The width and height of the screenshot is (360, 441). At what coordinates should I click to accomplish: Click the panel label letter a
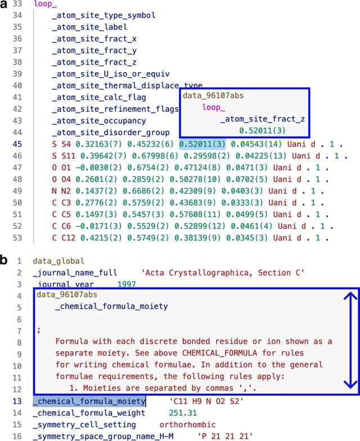3,4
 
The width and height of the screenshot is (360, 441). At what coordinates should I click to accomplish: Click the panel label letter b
3,260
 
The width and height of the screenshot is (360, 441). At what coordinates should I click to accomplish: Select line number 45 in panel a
17,144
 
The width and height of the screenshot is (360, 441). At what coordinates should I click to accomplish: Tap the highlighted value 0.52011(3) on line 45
202,144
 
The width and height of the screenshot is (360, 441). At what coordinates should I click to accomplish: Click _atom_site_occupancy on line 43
99,121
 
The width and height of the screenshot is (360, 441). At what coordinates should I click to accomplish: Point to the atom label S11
69,156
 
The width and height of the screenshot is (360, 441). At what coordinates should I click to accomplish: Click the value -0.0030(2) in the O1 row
98,168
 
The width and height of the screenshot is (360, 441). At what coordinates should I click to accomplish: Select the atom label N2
66,191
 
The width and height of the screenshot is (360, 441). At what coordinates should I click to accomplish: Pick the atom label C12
69,238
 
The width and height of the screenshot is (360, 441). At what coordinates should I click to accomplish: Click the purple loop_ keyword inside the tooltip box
214,107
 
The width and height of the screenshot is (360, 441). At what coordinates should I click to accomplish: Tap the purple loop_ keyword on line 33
45,4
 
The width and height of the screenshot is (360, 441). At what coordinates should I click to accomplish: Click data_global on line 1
58,261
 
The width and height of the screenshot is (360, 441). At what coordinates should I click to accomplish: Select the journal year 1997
127,284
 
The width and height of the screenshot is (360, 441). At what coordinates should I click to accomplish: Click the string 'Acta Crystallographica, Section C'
223,273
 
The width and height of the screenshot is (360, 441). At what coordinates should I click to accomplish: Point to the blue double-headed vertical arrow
350,340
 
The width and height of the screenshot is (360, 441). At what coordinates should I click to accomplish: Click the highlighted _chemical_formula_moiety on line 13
89,401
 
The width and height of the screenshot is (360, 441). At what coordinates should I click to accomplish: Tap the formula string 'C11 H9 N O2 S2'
206,401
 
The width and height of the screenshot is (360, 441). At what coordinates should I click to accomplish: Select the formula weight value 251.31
183,413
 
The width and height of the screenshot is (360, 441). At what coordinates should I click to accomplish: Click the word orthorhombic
188,424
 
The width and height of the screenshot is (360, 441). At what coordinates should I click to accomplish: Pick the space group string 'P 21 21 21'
225,436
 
